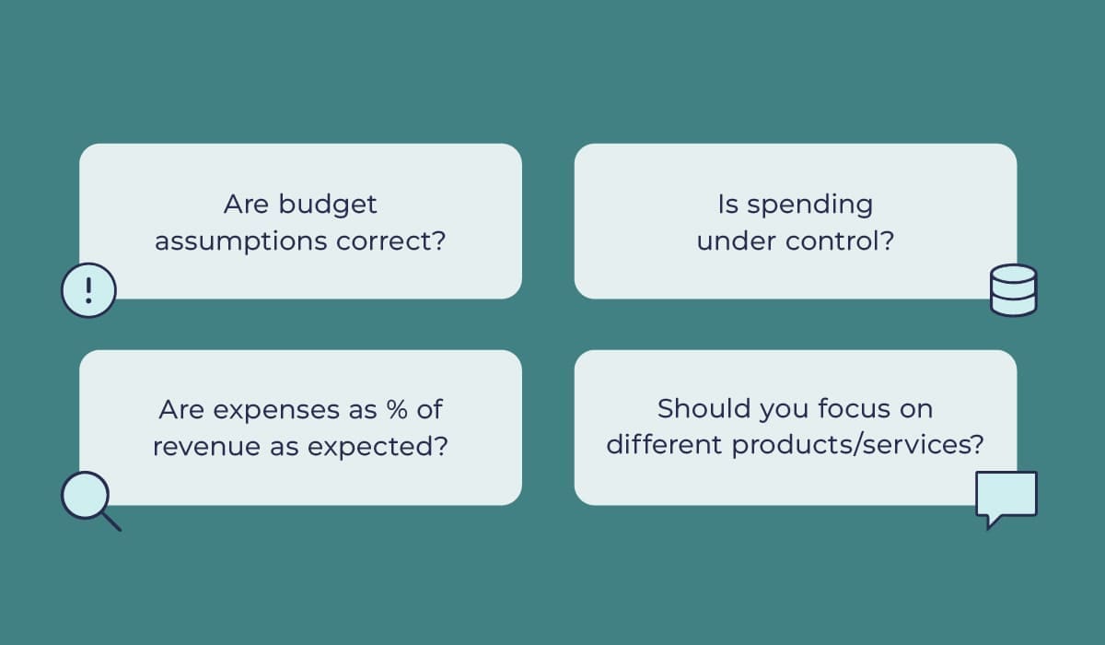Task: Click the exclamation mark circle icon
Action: coord(88,290)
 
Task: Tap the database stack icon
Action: coord(1013,290)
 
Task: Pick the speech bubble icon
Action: coord(1006,498)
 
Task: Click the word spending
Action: coord(810,204)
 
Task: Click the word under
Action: coord(736,241)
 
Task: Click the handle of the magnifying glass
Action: coord(111,522)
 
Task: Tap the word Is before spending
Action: coord(727,204)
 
